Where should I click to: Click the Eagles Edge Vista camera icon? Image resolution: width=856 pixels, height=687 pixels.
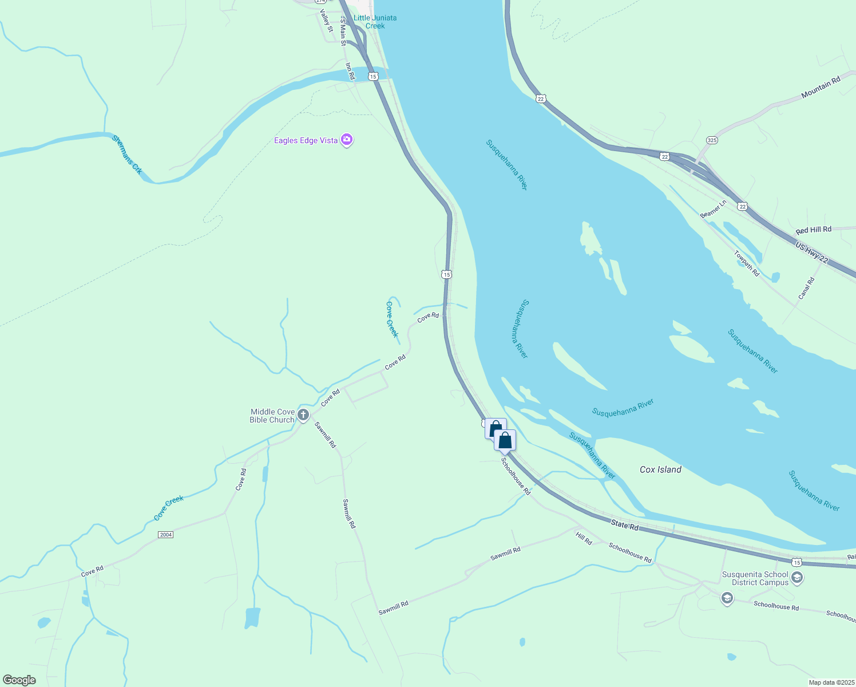346,140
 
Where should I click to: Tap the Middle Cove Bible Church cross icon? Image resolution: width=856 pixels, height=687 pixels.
303,415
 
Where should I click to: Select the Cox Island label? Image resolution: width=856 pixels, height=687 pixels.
660,469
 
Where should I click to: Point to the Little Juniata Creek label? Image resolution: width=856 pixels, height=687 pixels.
375,22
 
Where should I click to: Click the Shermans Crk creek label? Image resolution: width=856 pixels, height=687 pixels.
127,154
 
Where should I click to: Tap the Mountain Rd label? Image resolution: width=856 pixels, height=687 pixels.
821,87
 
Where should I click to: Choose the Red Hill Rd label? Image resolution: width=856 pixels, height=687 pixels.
813,230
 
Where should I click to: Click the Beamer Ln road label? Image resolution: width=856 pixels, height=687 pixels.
713,208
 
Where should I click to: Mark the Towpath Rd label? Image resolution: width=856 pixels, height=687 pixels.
747,264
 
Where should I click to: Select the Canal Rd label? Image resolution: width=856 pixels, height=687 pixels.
806,289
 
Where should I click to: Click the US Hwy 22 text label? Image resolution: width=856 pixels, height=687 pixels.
811,252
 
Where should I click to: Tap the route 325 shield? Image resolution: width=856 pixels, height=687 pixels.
712,140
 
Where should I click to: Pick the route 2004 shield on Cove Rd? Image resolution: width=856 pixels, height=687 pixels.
165,535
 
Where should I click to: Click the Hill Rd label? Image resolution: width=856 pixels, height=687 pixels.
584,538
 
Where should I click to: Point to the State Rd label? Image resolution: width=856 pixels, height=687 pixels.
624,524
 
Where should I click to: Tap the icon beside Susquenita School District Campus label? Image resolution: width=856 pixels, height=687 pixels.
797,578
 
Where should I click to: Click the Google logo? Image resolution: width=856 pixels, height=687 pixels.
19,680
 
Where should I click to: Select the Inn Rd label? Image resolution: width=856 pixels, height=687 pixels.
350,71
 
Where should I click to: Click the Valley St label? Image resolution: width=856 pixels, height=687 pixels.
326,21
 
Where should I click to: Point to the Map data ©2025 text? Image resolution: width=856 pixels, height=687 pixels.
831,682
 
